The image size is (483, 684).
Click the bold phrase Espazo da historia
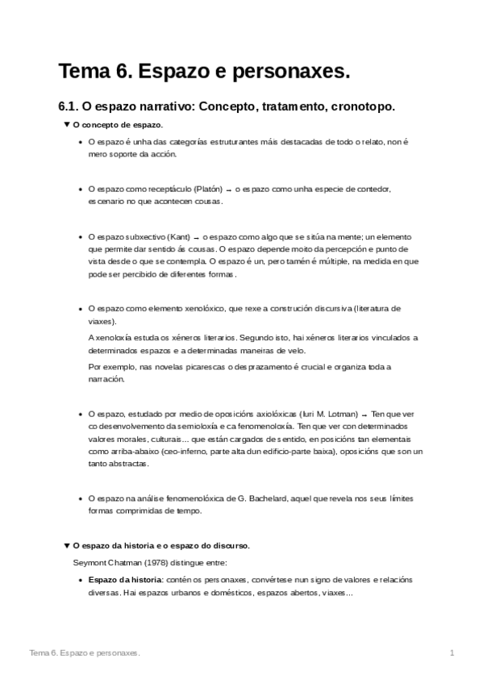click(126, 579)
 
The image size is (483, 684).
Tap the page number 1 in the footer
click(452, 652)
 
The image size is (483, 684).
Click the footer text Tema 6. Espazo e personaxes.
click(85, 652)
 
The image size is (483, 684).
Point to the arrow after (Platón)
click(230, 190)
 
